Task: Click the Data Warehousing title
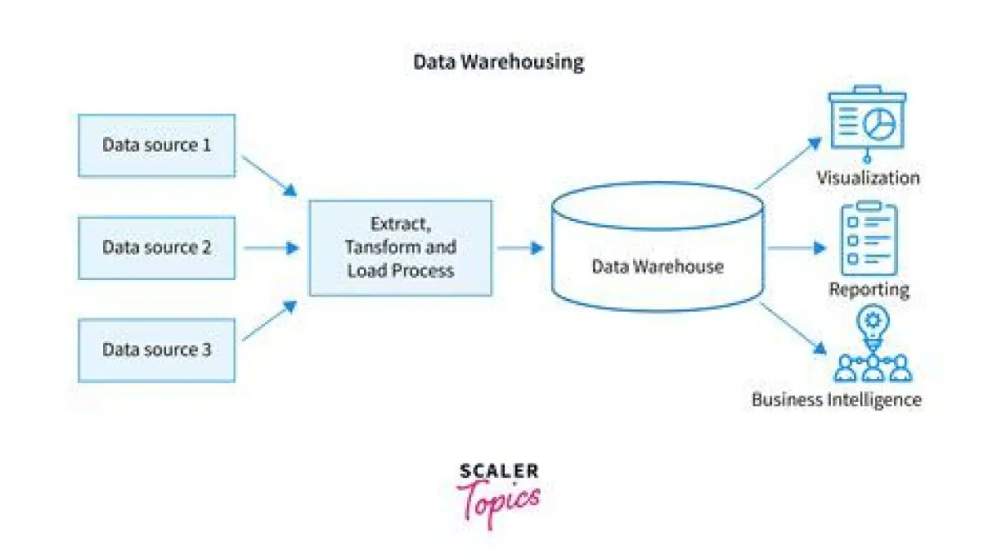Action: [498, 62]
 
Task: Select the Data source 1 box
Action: [157, 145]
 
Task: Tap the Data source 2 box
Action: [157, 248]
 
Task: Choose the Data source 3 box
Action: [157, 350]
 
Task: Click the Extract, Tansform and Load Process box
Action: [400, 248]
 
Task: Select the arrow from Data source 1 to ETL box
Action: [268, 175]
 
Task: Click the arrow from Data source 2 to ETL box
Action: [271, 248]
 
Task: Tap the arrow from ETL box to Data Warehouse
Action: [520, 248]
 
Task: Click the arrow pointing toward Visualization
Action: [788, 163]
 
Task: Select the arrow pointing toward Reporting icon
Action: [796, 248]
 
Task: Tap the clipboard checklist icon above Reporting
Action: [869, 238]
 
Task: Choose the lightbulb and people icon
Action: [872, 344]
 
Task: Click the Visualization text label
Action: [868, 178]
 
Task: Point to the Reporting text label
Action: [869, 289]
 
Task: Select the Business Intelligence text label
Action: [837, 400]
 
